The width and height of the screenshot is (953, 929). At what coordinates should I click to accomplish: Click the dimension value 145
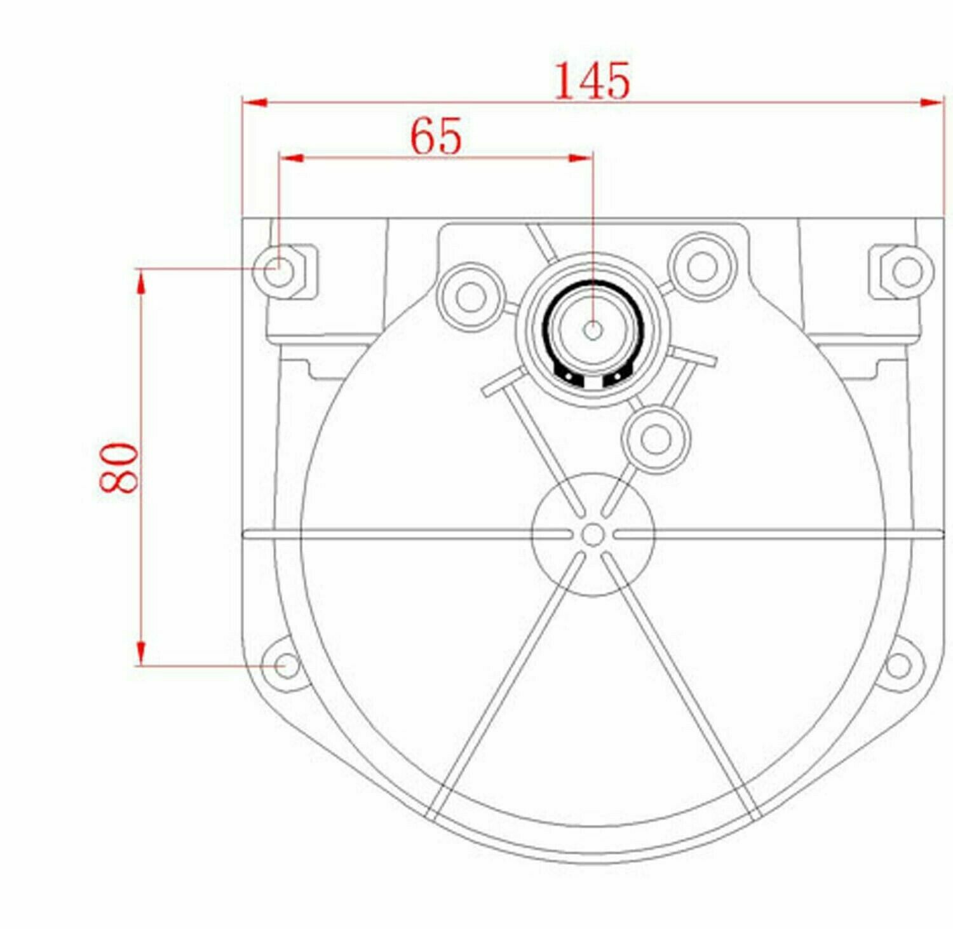coord(592,81)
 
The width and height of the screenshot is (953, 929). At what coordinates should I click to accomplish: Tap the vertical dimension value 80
coord(118,469)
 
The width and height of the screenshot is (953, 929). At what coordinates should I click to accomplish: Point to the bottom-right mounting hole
coord(897,666)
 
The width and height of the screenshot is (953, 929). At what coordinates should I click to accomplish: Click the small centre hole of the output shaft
coord(593,330)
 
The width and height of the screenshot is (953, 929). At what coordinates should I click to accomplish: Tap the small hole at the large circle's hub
coord(593,535)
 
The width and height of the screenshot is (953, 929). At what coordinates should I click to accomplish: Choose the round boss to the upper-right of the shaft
coord(702,266)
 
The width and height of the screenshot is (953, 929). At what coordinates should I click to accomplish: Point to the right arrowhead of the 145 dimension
coord(932,102)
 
